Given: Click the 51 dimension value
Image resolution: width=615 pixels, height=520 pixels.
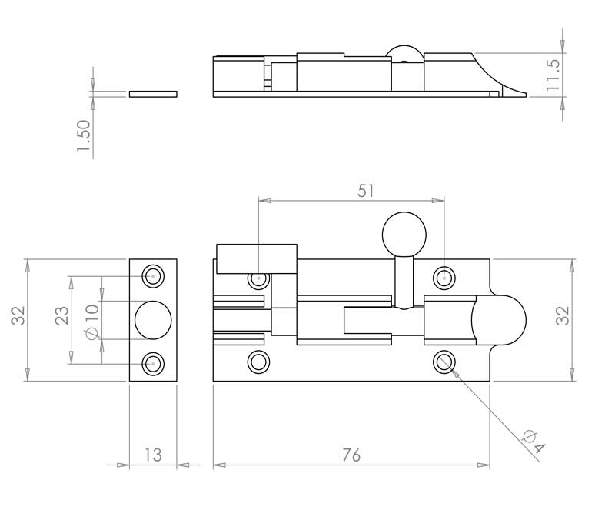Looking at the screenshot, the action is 366,191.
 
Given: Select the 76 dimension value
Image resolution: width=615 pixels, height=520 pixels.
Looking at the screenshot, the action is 351,455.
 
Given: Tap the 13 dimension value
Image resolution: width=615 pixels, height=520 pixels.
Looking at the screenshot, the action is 153,455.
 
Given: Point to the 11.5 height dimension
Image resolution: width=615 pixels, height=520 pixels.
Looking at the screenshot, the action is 553,75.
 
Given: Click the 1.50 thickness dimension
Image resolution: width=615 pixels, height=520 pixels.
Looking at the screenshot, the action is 84,136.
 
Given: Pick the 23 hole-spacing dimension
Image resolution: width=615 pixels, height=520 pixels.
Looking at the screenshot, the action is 61,315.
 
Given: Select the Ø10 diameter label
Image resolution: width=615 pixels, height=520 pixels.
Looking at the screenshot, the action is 91,322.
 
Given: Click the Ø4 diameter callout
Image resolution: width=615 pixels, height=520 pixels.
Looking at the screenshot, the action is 534,442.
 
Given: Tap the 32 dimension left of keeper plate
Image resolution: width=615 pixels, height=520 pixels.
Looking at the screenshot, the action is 18,315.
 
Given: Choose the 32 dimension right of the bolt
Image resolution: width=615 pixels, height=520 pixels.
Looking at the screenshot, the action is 563,315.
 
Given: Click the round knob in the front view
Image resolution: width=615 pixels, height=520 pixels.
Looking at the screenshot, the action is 404,235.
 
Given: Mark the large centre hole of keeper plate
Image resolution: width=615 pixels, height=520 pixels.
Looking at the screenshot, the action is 153,320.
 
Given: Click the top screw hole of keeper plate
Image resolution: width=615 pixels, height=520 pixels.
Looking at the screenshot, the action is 153,276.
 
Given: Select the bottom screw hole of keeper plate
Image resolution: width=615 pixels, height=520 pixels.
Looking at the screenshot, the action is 153,364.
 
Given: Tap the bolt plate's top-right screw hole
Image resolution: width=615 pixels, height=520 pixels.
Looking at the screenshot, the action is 444,278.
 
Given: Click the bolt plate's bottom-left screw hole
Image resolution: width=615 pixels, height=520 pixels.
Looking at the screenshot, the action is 258,362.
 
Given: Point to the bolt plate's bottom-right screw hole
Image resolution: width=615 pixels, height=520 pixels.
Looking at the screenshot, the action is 444,362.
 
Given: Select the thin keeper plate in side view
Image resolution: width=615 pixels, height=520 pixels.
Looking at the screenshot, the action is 153,94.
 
